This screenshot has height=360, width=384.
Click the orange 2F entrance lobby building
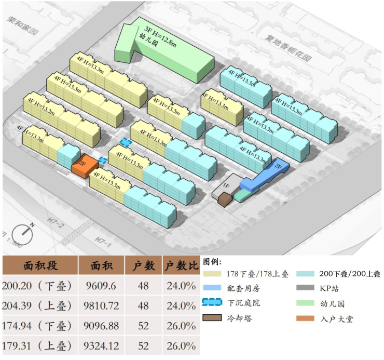pos(85,165)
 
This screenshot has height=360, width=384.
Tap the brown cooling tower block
pos(225,199)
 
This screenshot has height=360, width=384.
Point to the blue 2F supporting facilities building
pos(265,176)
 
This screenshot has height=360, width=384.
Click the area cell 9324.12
pos(102,345)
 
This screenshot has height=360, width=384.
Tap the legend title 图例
pos(213,261)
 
